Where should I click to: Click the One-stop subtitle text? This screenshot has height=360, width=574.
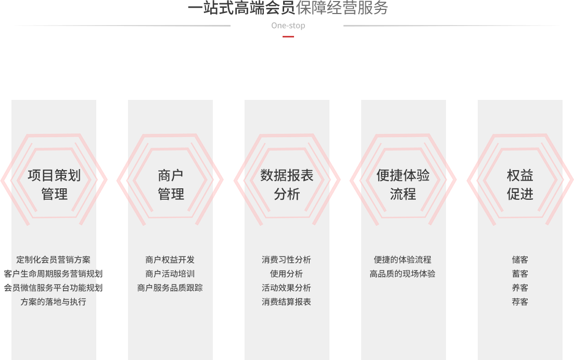point(288,25)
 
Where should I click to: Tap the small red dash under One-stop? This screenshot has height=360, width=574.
point(288,36)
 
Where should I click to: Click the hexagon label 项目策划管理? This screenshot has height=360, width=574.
point(54,185)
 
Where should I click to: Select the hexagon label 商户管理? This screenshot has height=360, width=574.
point(171,185)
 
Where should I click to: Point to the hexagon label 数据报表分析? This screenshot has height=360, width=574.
point(287,185)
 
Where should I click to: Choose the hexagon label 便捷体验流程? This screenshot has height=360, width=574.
point(403,185)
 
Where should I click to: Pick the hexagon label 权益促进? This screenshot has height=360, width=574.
point(520,185)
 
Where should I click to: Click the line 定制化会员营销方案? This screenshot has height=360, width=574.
point(53,260)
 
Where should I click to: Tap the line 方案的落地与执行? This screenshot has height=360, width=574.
point(53,302)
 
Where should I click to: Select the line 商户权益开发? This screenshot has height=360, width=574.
point(170,260)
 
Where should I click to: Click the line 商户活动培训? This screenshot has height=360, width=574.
point(170,274)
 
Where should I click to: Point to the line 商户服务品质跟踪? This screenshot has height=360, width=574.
point(170,288)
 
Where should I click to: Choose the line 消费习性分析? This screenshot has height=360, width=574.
point(286,260)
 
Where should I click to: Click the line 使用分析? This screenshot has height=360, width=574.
point(286,274)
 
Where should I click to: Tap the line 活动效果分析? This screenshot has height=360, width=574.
point(286,288)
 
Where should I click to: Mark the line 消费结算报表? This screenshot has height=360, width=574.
point(286,302)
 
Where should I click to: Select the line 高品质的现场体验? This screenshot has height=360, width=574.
point(402,274)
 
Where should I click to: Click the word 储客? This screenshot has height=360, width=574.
point(520,260)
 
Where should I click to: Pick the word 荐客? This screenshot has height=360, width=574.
point(520,302)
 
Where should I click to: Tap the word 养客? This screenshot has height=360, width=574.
point(520,288)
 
